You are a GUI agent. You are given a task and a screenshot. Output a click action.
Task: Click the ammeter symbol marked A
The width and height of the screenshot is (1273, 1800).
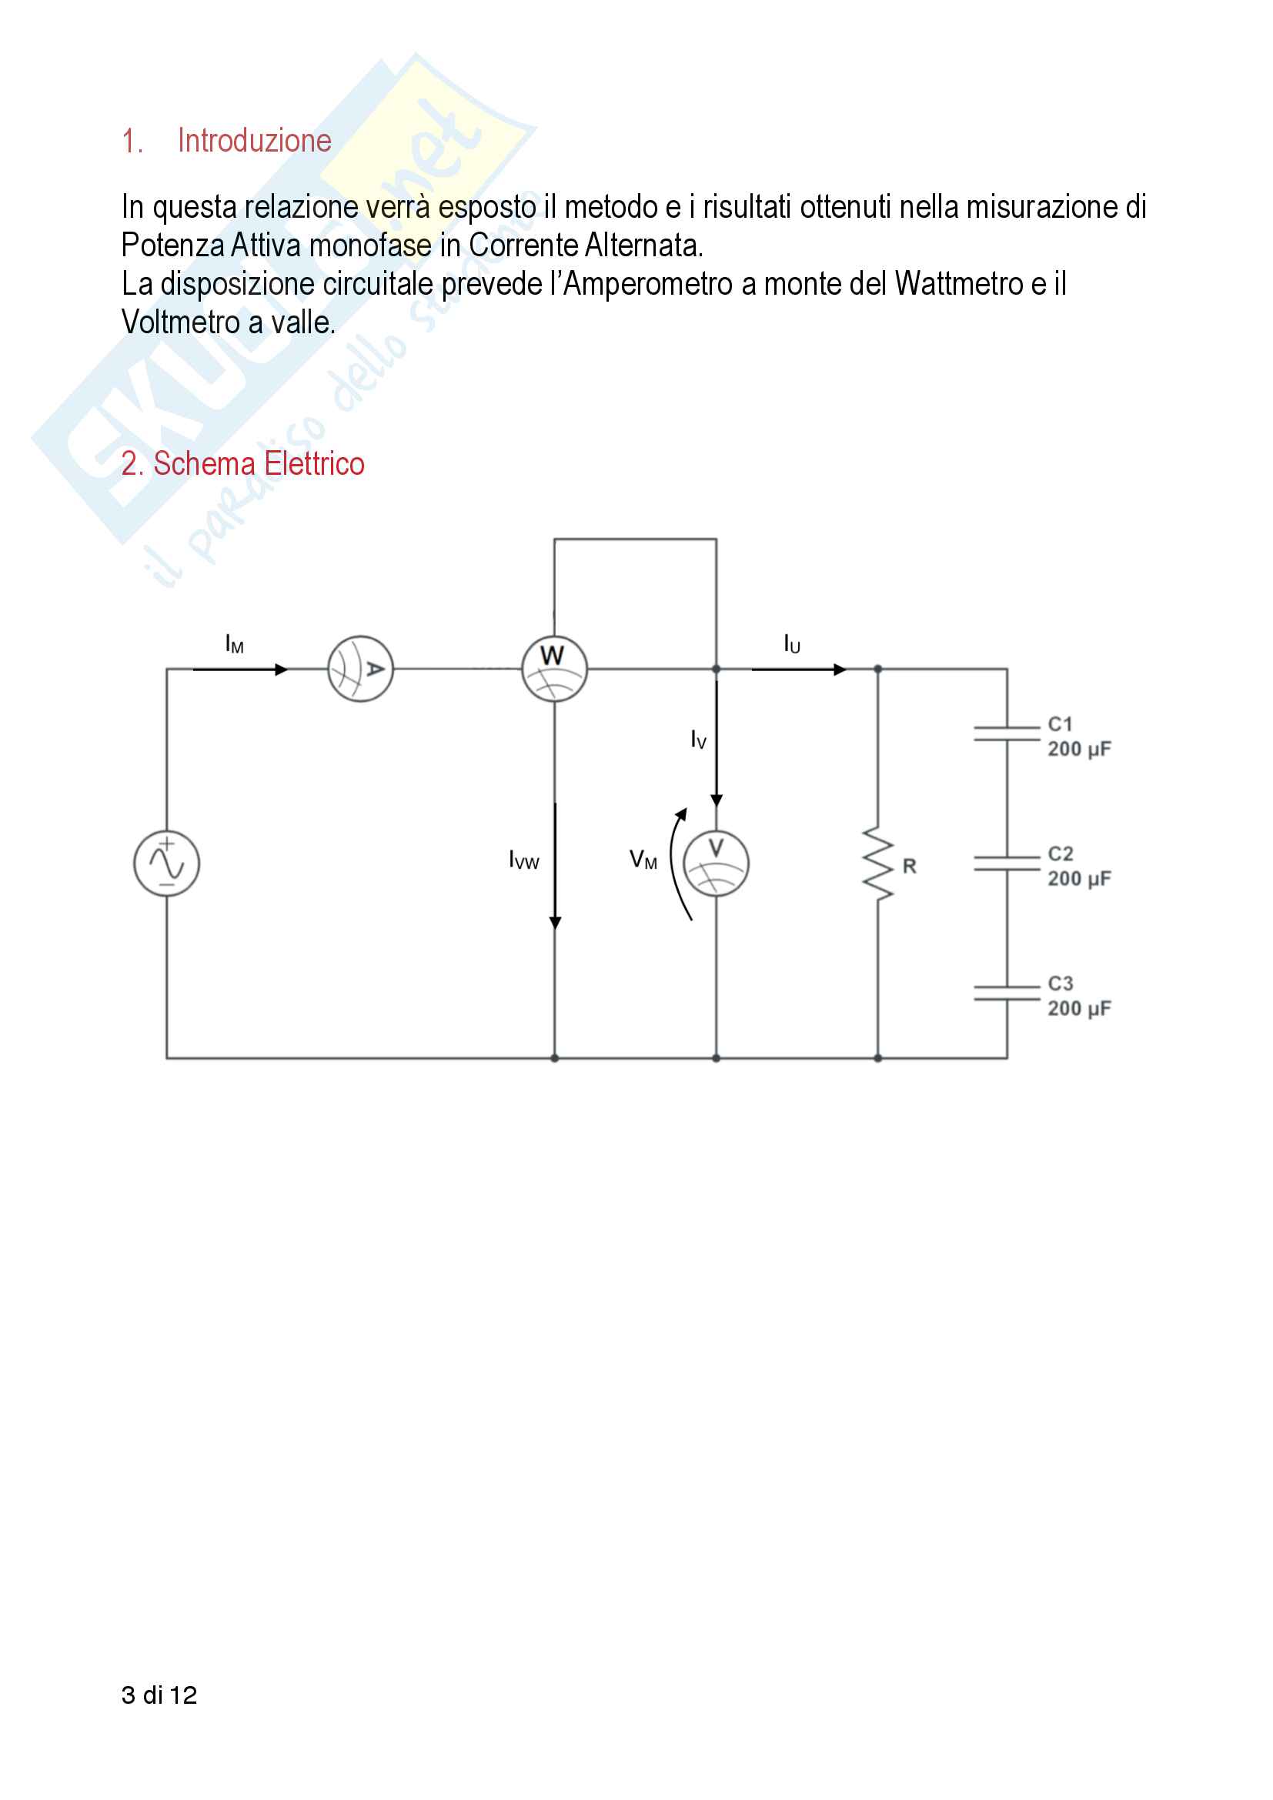[359, 669]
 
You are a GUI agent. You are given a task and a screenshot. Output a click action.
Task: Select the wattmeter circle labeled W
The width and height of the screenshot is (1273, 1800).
[554, 669]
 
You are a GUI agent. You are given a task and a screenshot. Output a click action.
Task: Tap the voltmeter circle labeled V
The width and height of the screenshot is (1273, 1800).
[716, 863]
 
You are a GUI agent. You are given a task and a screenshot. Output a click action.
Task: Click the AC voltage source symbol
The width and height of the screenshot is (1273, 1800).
[166, 863]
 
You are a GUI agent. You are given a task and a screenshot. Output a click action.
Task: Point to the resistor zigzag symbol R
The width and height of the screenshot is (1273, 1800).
[879, 863]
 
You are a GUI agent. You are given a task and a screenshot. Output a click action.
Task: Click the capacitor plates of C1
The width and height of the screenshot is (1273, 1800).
[1007, 734]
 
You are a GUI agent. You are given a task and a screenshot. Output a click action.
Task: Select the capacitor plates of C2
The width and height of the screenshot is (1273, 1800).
[1007, 863]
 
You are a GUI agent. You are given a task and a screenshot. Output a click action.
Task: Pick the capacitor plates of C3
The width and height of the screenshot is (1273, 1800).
[1007, 994]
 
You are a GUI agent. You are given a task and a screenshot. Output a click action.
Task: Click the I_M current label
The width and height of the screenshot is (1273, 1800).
[235, 644]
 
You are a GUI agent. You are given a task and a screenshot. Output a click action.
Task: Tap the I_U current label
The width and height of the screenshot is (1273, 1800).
[792, 644]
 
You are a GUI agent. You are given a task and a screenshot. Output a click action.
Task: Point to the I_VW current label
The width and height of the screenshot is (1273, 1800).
[523, 860]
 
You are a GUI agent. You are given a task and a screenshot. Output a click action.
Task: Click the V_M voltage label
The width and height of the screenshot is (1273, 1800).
[643, 860]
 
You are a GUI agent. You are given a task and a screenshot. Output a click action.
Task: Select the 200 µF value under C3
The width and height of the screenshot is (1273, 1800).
[1079, 1009]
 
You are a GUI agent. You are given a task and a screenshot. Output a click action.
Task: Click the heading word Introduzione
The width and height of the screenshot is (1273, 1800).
[254, 141]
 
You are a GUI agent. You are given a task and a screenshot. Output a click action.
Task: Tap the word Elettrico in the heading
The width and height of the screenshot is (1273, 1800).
[313, 464]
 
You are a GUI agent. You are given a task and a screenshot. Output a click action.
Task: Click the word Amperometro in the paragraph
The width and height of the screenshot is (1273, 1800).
[647, 284]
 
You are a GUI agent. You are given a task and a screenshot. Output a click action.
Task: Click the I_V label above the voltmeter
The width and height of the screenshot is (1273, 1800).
[698, 740]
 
